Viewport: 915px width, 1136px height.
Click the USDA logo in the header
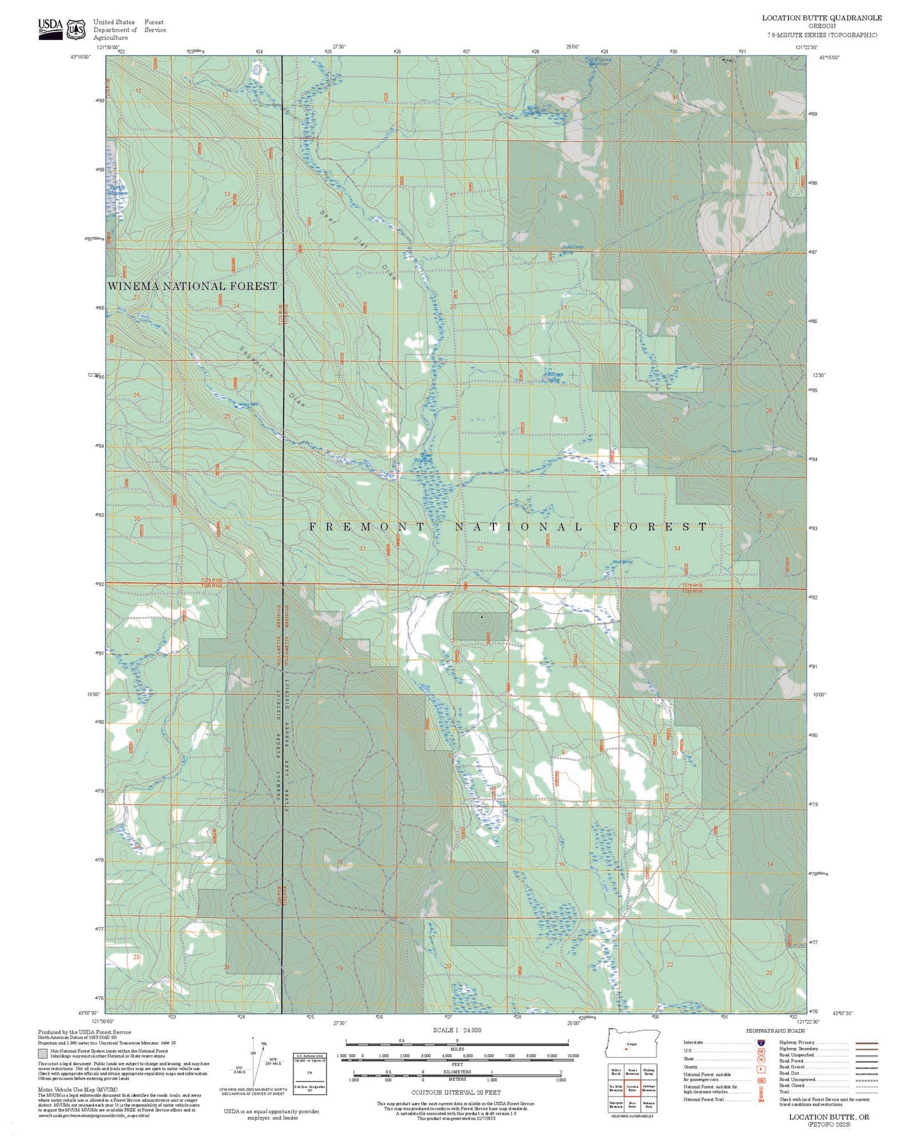point(51,28)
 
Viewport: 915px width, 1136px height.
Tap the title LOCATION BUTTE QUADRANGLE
point(821,18)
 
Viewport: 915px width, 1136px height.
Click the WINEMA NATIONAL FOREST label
point(192,286)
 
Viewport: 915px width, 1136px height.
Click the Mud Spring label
point(622,562)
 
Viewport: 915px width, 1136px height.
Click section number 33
point(583,554)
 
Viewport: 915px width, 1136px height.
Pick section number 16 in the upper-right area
point(564,197)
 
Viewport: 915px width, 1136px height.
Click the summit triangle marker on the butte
point(481,616)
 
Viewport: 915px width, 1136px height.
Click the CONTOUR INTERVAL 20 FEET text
point(456,1092)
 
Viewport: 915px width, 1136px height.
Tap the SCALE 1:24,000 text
point(457,1030)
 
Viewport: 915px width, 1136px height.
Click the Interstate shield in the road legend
point(760,1042)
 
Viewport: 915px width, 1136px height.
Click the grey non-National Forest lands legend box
point(42,1054)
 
